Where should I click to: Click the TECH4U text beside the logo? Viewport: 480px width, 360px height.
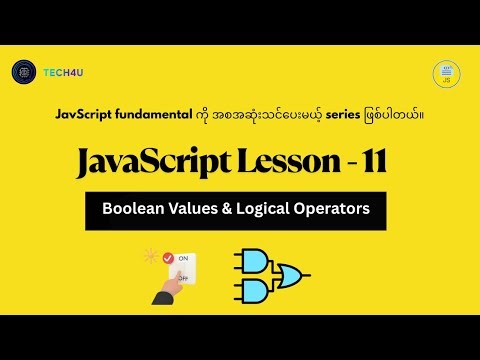pyautogui.click(x=63, y=73)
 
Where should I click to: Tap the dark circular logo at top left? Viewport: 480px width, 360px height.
pyautogui.click(x=23, y=72)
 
